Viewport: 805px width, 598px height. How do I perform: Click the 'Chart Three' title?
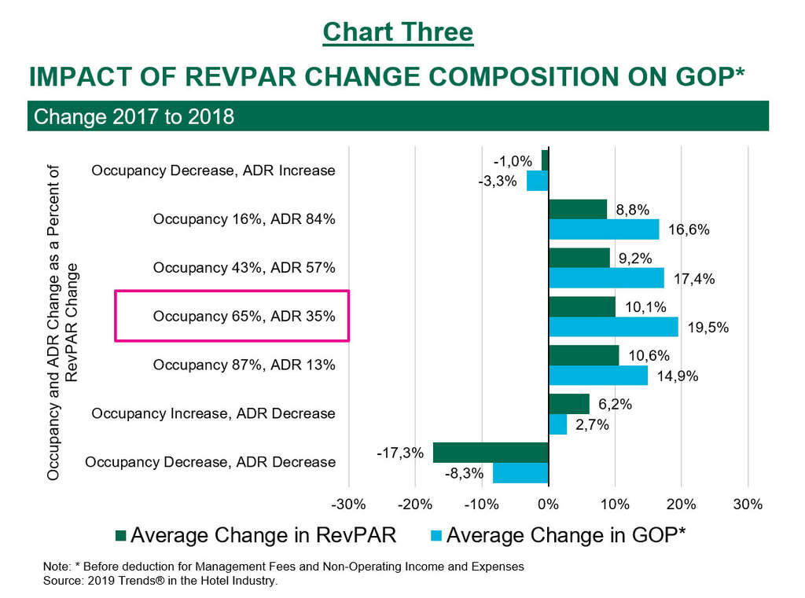[x=398, y=32]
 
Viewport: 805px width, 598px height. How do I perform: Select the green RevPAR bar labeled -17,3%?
[x=490, y=453]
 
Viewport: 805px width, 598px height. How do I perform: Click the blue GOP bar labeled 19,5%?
[x=613, y=327]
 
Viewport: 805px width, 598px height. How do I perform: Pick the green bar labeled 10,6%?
[x=583, y=355]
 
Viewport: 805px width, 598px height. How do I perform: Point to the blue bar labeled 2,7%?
[x=557, y=424]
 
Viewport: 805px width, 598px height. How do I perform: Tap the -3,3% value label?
[x=498, y=182]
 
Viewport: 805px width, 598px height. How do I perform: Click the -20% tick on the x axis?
[x=414, y=504]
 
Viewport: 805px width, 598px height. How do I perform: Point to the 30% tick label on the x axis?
[x=748, y=504]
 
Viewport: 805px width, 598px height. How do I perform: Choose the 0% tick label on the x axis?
[x=548, y=504]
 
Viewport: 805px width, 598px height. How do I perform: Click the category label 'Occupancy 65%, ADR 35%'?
[x=244, y=317]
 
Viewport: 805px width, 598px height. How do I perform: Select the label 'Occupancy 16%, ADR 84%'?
[x=244, y=219]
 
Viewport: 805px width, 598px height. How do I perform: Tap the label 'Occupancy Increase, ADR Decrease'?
[x=213, y=413]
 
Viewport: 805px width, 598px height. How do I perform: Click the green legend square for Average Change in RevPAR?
[x=120, y=536]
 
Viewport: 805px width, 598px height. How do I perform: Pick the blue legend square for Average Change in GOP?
[x=436, y=536]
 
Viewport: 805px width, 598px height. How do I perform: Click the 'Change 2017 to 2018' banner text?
[x=134, y=117]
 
